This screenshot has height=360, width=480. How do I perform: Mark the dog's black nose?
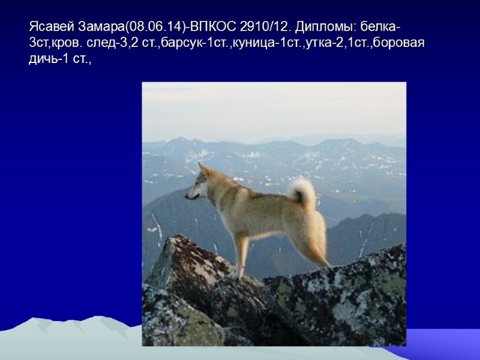(x=187, y=196)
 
